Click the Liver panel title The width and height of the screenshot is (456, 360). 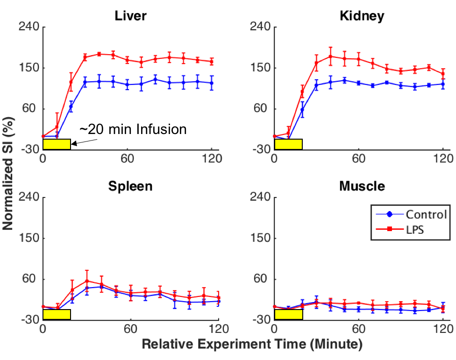(131, 16)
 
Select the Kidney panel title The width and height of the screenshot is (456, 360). (362, 16)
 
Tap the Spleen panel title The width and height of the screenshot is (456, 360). (130, 186)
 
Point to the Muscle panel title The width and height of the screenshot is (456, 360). (362, 186)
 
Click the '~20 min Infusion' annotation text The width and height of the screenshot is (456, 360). (133, 129)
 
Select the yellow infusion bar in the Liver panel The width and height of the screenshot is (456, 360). (57, 144)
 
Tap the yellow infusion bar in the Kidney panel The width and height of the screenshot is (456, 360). (288, 144)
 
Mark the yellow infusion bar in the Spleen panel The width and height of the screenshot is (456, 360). (57, 314)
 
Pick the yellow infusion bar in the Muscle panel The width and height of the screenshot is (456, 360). (288, 314)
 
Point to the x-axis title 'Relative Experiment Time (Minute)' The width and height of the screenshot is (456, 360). (252, 345)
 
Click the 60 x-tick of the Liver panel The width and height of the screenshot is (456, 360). (127, 157)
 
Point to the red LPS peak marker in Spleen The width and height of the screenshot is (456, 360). (87, 281)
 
